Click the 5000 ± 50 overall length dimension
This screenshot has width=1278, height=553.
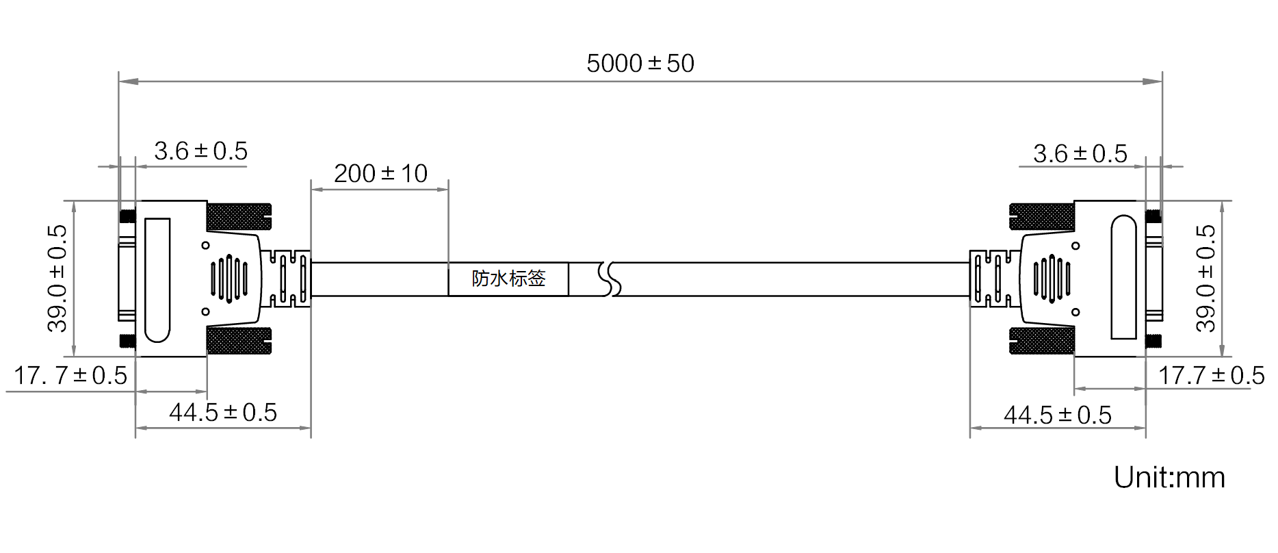[x=640, y=64]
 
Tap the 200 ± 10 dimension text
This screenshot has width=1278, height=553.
[x=380, y=174]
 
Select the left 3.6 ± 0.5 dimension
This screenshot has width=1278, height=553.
[x=200, y=151]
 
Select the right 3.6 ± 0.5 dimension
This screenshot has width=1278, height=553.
[x=1080, y=154]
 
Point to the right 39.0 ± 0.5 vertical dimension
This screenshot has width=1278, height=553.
[x=1206, y=279]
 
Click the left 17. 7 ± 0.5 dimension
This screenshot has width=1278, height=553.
[x=70, y=376]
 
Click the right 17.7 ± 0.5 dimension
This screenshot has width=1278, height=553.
[x=1211, y=376]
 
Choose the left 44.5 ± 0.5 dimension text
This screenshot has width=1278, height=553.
[x=223, y=413]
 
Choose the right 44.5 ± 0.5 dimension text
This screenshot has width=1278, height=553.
[x=1058, y=415]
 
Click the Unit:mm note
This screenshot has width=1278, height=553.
[x=1169, y=478]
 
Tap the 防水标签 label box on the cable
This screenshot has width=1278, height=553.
[x=508, y=279]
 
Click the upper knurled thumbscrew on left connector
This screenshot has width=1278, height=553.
[x=239, y=217]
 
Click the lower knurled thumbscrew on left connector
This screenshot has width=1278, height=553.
[x=239, y=341]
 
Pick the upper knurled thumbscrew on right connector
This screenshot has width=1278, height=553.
[x=1042, y=217]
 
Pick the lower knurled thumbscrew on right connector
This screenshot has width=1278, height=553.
[x=1042, y=341]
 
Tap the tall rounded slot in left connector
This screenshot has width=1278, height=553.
[x=157, y=280]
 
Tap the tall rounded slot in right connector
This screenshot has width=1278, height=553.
[x=1123, y=277]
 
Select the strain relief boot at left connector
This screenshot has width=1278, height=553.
[x=287, y=279]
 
